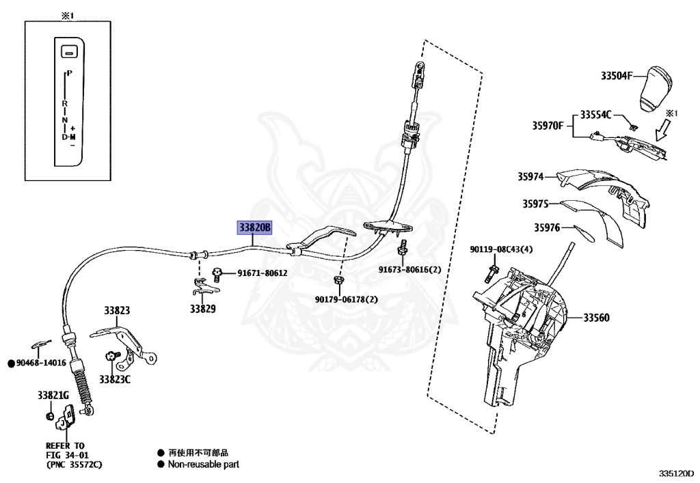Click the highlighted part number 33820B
[254, 227]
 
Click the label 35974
[530, 176]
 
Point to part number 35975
[536, 204]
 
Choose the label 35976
[547, 227]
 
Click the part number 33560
[596, 318]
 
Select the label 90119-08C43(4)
[500, 251]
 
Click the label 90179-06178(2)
[346, 299]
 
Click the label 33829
[203, 309]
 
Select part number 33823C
[114, 379]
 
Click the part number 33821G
[53, 395]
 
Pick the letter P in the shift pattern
[70, 72]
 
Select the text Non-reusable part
[204, 465]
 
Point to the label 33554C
[596, 115]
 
